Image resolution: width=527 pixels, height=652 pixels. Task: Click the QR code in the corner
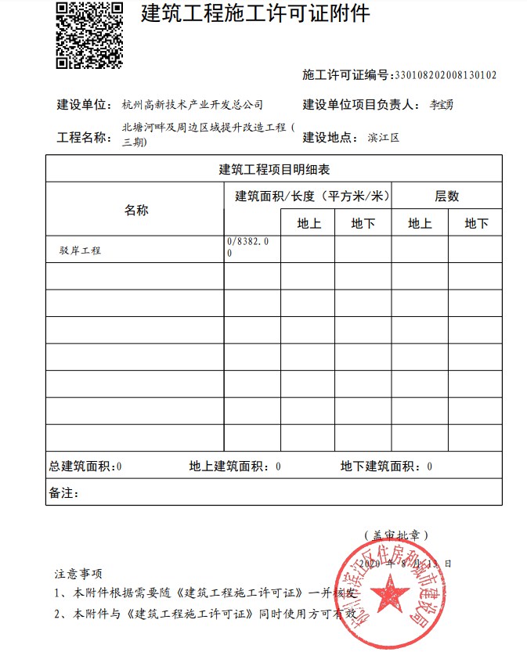[x=89, y=35]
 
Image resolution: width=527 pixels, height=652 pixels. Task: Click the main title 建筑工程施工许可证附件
[x=255, y=14]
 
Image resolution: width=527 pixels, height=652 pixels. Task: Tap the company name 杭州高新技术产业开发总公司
[x=193, y=105]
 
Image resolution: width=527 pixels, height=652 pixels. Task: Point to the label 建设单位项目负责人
[x=355, y=105]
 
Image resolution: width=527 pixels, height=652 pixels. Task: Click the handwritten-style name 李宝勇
[x=437, y=105]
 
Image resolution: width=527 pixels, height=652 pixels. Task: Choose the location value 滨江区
[x=384, y=138]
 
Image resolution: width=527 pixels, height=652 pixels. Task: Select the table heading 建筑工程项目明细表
[x=273, y=169]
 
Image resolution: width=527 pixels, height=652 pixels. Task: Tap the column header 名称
[x=135, y=210]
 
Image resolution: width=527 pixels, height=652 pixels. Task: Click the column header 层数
[x=446, y=196]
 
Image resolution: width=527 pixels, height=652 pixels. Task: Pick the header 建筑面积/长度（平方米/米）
[x=312, y=196]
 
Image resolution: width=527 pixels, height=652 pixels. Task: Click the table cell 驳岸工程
[x=80, y=250]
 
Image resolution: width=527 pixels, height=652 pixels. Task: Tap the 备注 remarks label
[x=63, y=493]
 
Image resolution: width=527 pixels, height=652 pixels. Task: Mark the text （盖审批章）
[x=395, y=535]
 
